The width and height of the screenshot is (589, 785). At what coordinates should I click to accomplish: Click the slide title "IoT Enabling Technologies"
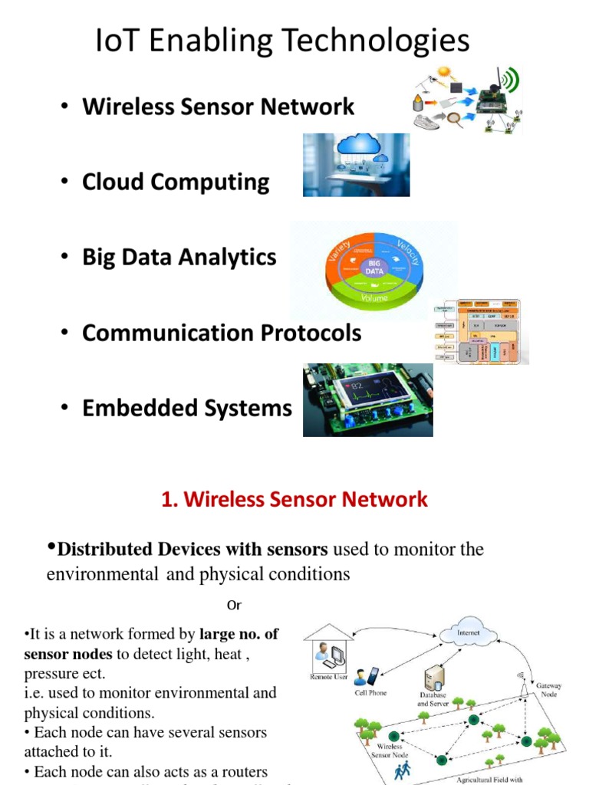tap(282, 41)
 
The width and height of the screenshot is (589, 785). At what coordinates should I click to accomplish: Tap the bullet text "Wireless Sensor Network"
tap(219, 107)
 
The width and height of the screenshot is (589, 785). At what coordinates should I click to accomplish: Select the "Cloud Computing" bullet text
tap(176, 182)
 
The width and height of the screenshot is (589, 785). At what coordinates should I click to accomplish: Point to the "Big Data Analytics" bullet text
tap(179, 258)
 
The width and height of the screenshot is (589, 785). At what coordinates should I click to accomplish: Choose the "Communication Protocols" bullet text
tap(222, 333)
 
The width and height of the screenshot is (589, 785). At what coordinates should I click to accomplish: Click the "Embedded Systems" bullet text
tap(187, 408)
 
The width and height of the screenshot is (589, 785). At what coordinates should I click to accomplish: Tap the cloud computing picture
tap(356, 164)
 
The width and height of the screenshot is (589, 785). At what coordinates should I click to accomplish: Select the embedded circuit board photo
tap(367, 399)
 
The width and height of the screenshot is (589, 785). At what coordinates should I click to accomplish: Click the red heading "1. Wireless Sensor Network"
tap(294, 500)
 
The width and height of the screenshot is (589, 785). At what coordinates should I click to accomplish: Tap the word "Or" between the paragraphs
tap(234, 606)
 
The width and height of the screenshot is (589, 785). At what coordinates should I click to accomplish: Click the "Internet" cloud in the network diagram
tap(468, 634)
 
